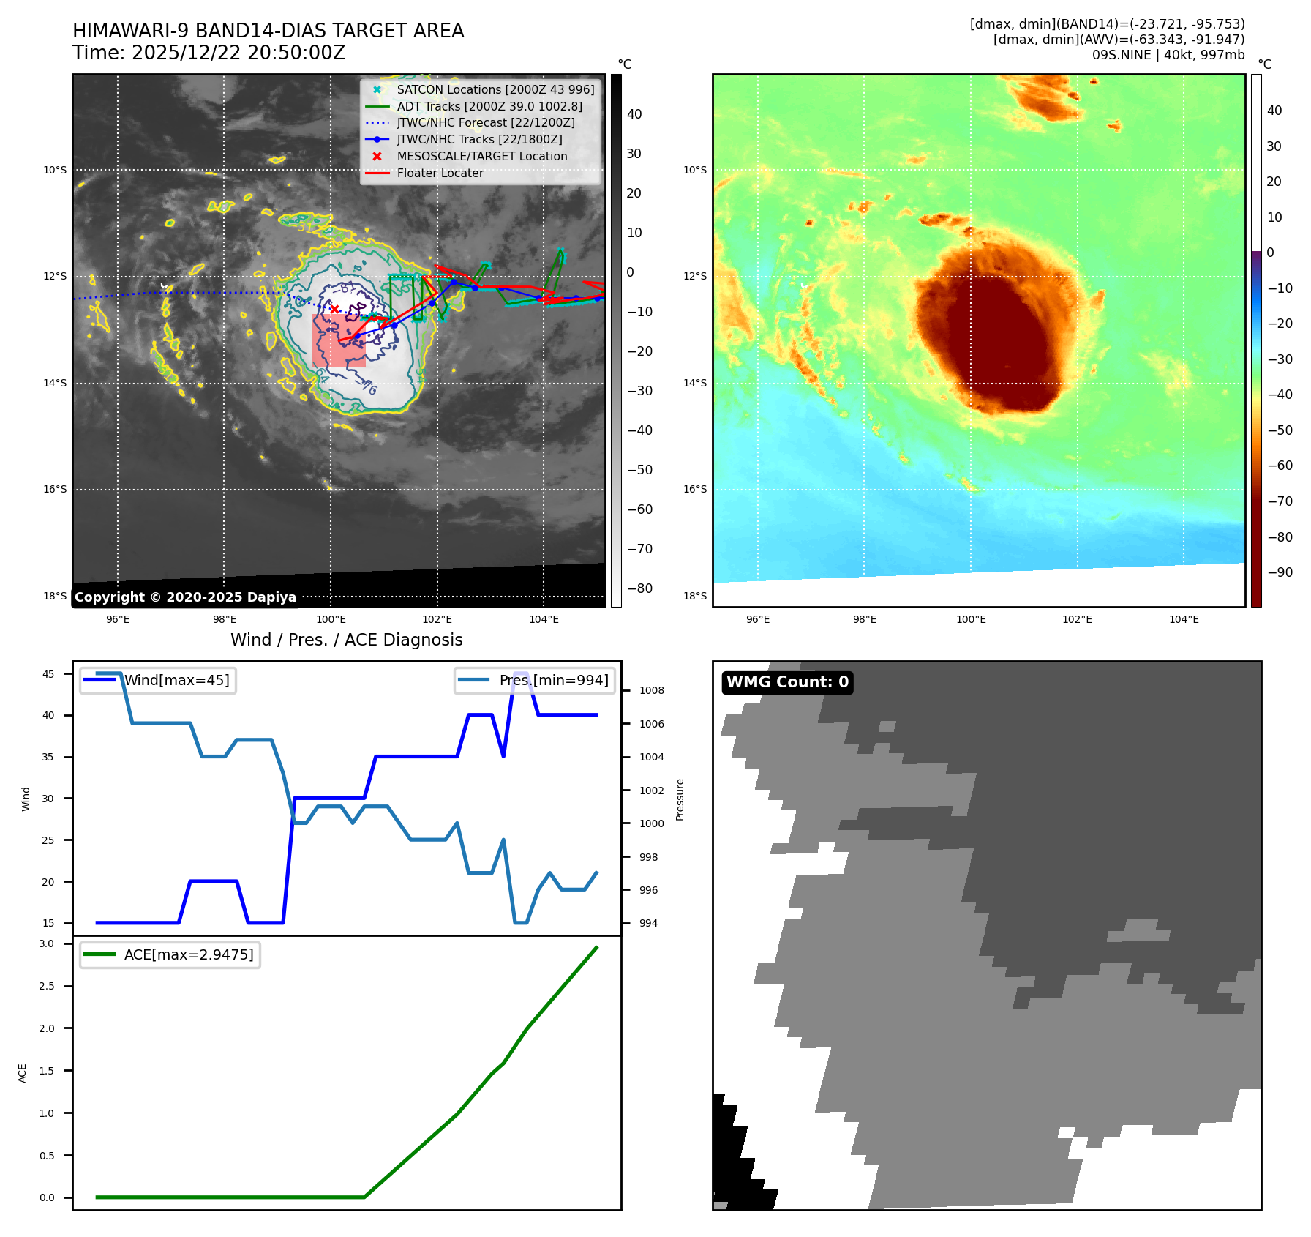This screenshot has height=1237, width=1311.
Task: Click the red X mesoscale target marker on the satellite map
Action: point(334,310)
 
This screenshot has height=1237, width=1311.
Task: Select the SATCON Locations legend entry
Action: point(495,89)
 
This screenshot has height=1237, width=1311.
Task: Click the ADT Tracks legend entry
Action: point(489,106)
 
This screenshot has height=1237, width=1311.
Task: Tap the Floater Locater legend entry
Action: point(440,173)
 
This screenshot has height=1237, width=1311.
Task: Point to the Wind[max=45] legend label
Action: point(176,680)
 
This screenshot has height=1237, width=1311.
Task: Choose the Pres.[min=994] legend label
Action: point(553,680)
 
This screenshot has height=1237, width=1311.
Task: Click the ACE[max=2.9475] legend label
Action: point(189,954)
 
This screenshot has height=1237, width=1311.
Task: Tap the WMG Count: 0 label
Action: point(787,682)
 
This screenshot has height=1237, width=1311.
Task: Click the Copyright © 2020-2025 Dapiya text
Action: point(185,597)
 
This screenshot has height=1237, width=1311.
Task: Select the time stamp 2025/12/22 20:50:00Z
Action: point(238,53)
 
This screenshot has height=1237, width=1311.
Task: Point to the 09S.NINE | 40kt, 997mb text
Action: point(1168,55)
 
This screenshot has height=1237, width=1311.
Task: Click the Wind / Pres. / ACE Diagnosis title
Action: point(346,640)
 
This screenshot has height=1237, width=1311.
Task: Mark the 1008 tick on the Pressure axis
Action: point(651,690)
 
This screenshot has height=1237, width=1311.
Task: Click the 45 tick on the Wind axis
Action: point(48,674)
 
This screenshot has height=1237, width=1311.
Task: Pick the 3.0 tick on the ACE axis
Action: point(47,943)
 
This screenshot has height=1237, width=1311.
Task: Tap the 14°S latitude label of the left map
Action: point(55,383)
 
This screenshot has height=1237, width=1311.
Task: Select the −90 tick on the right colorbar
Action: point(1280,572)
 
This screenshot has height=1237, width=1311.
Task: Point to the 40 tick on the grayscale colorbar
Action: point(634,114)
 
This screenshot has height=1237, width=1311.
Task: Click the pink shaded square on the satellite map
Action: point(339,341)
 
